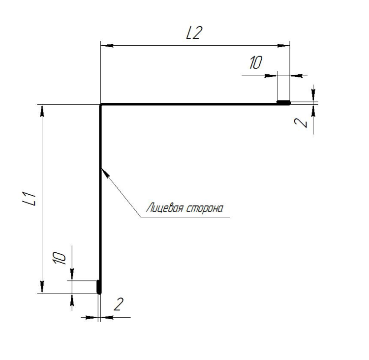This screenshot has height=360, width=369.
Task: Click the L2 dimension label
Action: click(194, 33)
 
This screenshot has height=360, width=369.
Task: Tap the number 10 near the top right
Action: click(255, 62)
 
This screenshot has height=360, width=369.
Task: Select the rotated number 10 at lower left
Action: click(59, 258)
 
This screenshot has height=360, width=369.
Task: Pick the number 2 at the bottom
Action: click(119, 304)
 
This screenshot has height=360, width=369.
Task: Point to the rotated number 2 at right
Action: click(301, 123)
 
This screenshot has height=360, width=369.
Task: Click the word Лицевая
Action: click(165, 208)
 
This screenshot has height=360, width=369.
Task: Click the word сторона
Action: click(205, 209)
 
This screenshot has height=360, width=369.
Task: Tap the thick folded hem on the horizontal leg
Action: click(283, 103)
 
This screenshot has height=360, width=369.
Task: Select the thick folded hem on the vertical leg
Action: click(99, 287)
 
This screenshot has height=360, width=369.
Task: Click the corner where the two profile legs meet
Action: click(100, 104)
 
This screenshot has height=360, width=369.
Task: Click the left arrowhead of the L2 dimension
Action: click(107, 45)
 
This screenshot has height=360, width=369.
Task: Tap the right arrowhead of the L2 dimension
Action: click(283, 45)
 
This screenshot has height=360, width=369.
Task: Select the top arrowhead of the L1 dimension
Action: click(42, 111)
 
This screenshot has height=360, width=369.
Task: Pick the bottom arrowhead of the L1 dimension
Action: click(42, 287)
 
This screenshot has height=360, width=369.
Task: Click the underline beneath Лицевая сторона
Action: click(185, 217)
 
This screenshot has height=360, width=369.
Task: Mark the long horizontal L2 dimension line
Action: click(195, 45)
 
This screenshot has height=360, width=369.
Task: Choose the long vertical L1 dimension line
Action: click(42, 199)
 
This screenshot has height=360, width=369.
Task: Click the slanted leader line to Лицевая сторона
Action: click(121, 192)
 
